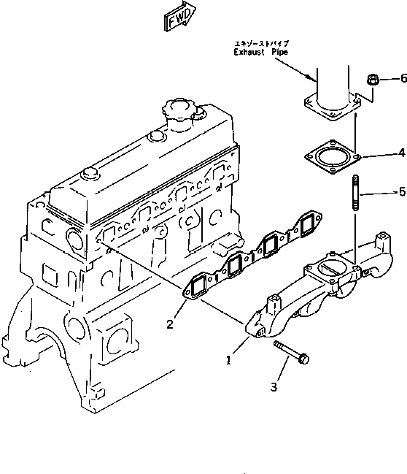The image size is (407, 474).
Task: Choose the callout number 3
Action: tap(274, 386)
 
